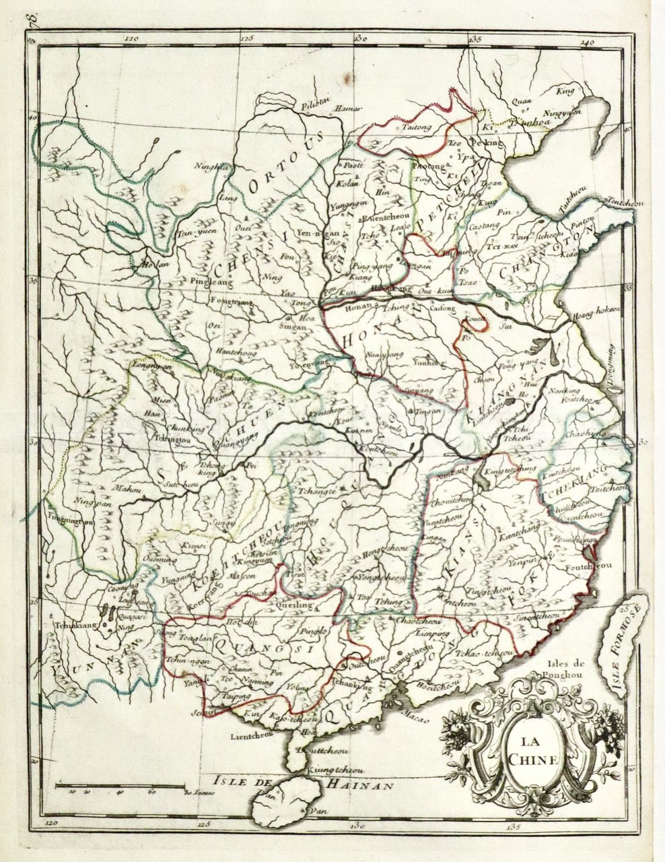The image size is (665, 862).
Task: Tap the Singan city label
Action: [x=293, y=327]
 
